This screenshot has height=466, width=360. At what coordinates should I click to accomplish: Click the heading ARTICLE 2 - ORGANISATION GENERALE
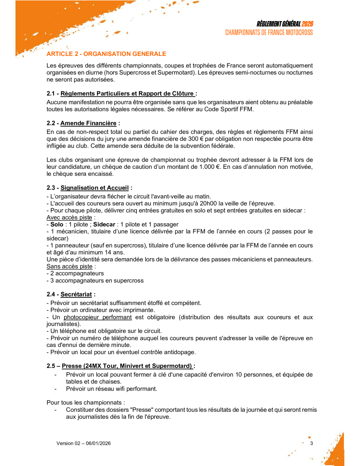(x=106, y=54)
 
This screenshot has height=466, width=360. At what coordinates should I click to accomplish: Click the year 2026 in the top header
(x=307, y=24)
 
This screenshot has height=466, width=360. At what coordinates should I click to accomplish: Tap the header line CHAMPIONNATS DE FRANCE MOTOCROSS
(x=269, y=33)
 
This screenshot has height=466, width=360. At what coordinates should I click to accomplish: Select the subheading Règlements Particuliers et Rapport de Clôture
(x=128, y=94)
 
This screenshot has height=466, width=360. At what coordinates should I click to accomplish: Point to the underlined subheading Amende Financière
(x=88, y=123)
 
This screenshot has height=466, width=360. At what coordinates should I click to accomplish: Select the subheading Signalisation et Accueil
(x=94, y=188)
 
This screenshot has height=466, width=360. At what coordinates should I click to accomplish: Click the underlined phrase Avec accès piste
(x=69, y=218)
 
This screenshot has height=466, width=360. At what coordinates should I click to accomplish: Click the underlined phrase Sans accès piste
(x=69, y=266)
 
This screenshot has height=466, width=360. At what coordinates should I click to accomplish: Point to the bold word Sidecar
(x=104, y=224)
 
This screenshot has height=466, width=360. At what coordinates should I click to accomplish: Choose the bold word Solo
(x=57, y=224)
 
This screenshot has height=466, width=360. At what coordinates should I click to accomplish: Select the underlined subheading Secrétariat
(x=76, y=294)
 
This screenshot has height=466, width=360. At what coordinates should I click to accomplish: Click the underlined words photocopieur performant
(x=97, y=317)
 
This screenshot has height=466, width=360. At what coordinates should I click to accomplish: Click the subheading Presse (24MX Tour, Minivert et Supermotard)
(x=127, y=366)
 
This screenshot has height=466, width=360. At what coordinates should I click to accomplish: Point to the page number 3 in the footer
(x=311, y=443)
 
